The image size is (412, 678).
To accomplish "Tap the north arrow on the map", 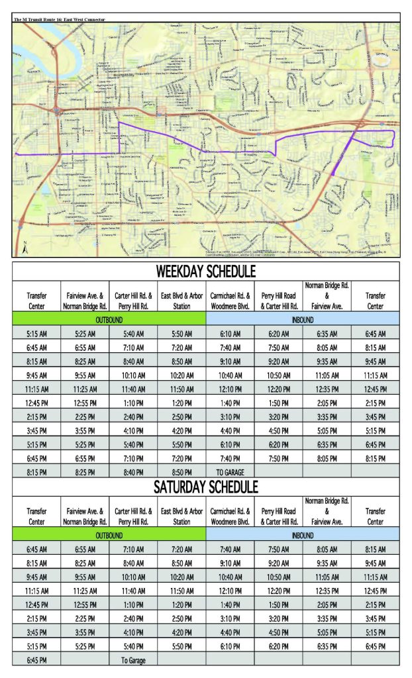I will [24, 248].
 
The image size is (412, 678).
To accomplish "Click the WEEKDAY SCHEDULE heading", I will [205, 271].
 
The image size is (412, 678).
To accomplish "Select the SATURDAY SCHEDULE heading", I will [205, 487].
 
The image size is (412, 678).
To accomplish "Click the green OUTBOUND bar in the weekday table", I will [109, 319].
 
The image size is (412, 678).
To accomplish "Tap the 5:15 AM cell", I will [36, 334].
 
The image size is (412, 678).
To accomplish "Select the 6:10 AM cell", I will [231, 334].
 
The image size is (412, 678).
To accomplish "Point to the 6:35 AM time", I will [327, 334].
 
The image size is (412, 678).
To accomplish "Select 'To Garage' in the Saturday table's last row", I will [133, 660].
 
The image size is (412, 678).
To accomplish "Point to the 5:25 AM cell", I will [85, 334].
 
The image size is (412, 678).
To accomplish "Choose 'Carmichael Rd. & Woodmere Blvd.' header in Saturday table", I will [231, 516].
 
